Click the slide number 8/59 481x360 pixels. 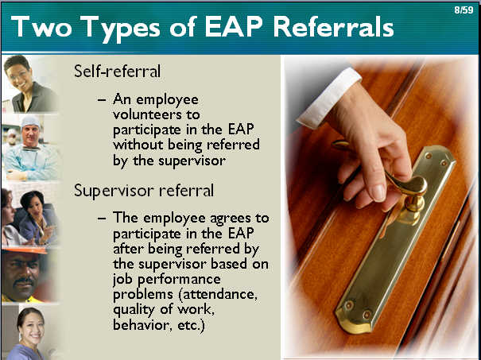point(464,10)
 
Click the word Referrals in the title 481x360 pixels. point(333,27)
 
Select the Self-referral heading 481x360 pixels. point(117,72)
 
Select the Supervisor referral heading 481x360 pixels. point(144,191)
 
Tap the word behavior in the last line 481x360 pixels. point(141,325)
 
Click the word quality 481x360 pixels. point(134,310)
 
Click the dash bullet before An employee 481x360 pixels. point(102,100)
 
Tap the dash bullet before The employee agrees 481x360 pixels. point(102,219)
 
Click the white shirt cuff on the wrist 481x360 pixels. point(328,98)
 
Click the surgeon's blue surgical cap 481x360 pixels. point(30,121)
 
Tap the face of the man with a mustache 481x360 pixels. point(21,275)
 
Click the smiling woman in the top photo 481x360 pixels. point(29,83)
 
